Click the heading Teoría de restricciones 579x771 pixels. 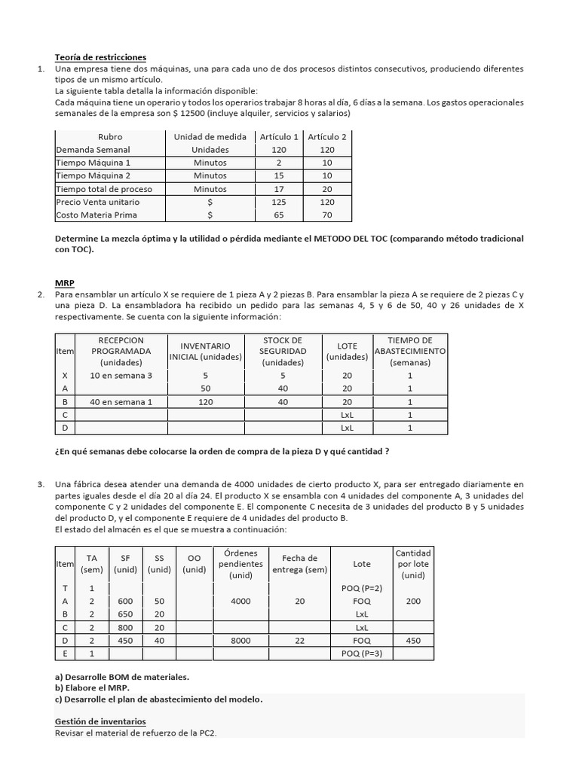coord(100,57)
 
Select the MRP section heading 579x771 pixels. coord(65,283)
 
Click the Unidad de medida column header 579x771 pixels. coord(210,137)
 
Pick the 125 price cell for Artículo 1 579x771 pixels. coord(279,202)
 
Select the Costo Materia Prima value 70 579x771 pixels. coord(327,215)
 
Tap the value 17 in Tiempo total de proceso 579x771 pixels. coord(279,188)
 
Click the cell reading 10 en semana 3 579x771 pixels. coord(121,376)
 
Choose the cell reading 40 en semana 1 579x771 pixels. coord(121,402)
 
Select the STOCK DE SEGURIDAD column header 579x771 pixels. coord(283,351)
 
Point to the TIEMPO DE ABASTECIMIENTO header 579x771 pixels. coord(409,351)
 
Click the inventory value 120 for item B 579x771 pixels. coord(205,402)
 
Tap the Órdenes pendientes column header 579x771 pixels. coord(240,564)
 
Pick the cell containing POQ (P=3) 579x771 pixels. coord(361,653)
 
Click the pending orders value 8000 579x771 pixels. coord(240,640)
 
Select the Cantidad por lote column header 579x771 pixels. coord(412,564)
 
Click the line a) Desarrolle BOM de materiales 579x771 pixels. coord(122,677)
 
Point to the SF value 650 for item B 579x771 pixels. coord(125,614)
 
